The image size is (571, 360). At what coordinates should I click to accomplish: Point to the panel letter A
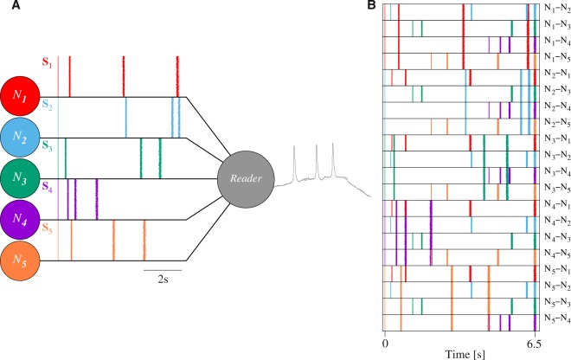pos(6,6)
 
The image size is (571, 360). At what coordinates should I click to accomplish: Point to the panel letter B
pos(372,6)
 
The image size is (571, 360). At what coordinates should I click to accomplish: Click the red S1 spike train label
pos(47,63)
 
